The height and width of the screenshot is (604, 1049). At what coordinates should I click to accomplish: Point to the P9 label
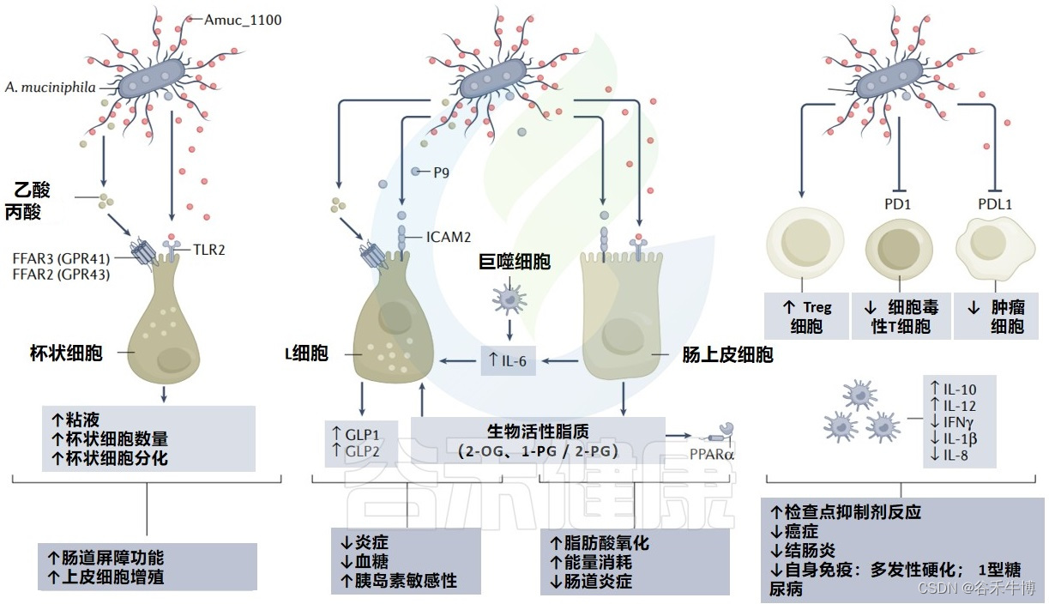click(x=442, y=172)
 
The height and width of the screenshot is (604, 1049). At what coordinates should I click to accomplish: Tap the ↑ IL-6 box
click(x=508, y=362)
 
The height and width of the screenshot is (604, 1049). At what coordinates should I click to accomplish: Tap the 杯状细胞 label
click(x=66, y=352)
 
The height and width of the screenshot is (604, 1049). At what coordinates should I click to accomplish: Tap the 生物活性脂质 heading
click(x=538, y=430)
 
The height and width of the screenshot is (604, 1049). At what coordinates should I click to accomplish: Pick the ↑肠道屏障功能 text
click(x=106, y=557)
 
